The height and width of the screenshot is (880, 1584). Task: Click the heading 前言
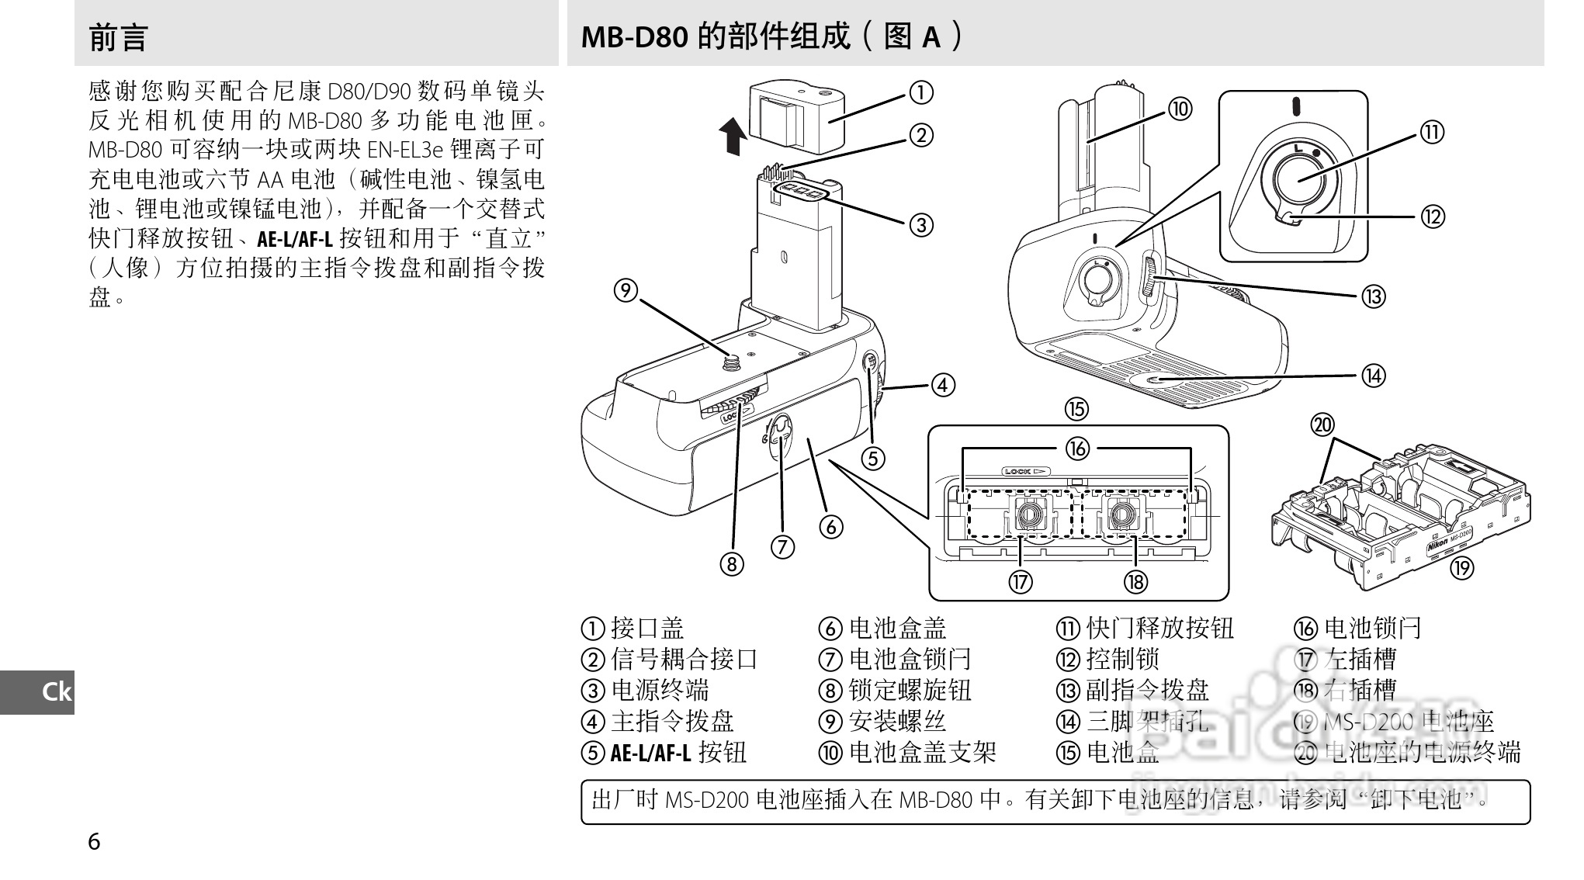pyautogui.click(x=118, y=37)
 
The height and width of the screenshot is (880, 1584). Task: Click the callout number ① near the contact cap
pyautogui.click(x=921, y=93)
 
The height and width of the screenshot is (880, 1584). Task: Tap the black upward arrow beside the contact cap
pyautogui.click(x=732, y=137)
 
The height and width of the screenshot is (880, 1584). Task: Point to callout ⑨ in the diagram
pyautogui.click(x=626, y=291)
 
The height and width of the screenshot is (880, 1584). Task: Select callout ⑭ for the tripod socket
pyautogui.click(x=1373, y=376)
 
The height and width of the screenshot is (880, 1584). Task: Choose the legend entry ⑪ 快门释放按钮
pyautogui.click(x=1145, y=628)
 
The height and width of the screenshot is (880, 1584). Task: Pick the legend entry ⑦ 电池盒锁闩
pyautogui.click(x=895, y=660)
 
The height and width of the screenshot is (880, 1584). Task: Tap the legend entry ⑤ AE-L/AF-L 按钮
pyautogui.click(x=664, y=752)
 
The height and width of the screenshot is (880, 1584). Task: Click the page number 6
pyautogui.click(x=94, y=841)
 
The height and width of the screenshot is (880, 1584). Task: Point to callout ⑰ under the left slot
pyautogui.click(x=1021, y=582)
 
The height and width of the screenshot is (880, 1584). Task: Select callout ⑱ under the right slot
pyautogui.click(x=1135, y=582)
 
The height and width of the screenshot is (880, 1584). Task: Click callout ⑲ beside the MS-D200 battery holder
pyautogui.click(x=1462, y=568)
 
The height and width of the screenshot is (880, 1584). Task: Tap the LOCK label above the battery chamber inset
pyautogui.click(x=1024, y=471)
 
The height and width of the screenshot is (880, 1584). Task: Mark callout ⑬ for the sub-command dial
pyautogui.click(x=1373, y=296)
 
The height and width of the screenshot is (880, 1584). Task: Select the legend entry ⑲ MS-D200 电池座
pyautogui.click(x=1394, y=721)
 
